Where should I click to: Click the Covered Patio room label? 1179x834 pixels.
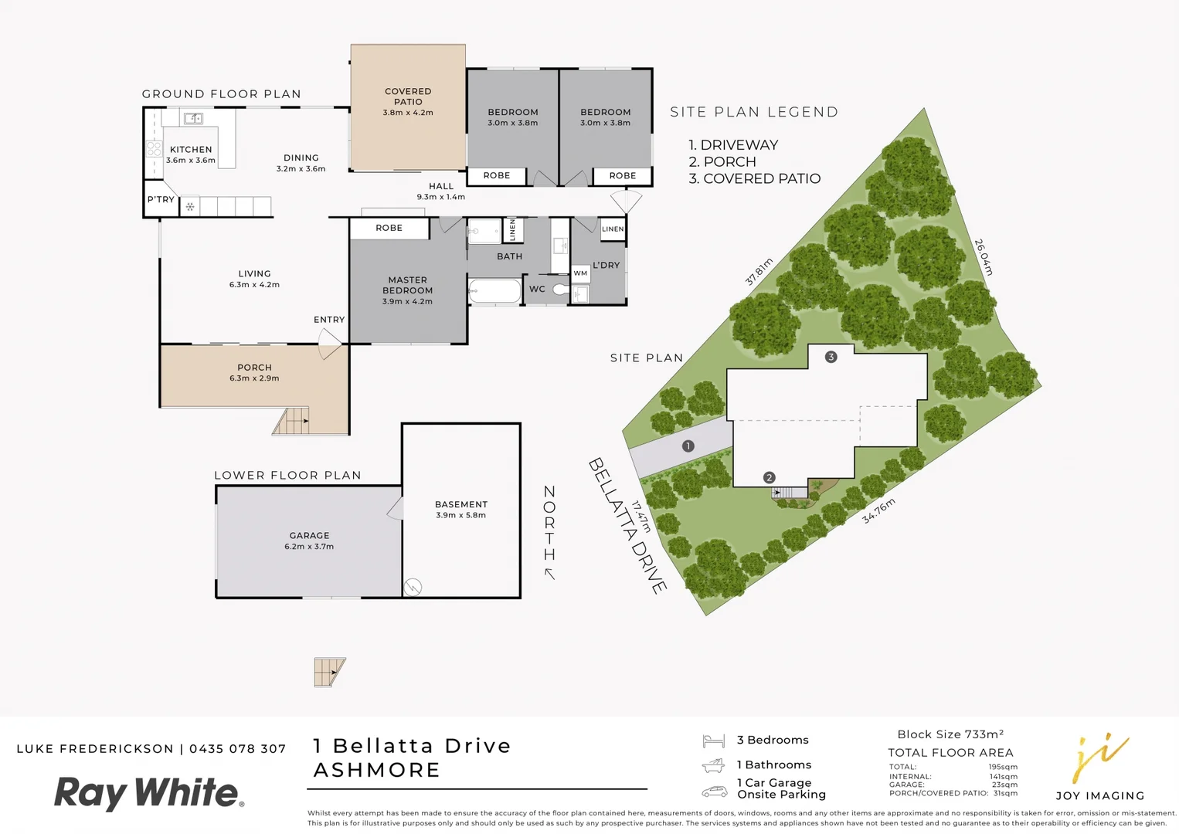coord(408,97)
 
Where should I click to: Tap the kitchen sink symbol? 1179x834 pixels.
coord(193,118)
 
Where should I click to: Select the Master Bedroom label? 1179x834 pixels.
coord(407,285)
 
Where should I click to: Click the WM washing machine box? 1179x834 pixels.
coord(580,273)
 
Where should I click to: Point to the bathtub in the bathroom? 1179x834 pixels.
coord(495,291)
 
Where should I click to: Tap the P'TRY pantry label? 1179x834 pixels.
coord(161,199)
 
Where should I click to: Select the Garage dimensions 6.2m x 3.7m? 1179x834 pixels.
coord(309,547)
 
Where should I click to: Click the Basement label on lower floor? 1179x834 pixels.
coord(461,504)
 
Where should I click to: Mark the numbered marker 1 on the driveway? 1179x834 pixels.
coord(688,446)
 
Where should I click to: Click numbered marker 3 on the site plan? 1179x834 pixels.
coord(831,357)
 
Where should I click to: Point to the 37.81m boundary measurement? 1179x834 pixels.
coord(759,272)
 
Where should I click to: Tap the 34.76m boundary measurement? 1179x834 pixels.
coord(878,510)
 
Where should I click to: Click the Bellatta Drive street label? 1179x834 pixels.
coord(627,526)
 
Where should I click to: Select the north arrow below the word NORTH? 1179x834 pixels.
coord(549,574)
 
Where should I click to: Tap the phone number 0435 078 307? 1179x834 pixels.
coord(238,749)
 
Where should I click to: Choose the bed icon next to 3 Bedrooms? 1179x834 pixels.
coord(713,741)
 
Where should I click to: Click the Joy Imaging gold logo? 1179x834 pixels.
coord(1099,758)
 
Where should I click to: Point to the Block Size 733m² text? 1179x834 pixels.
coord(950,734)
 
